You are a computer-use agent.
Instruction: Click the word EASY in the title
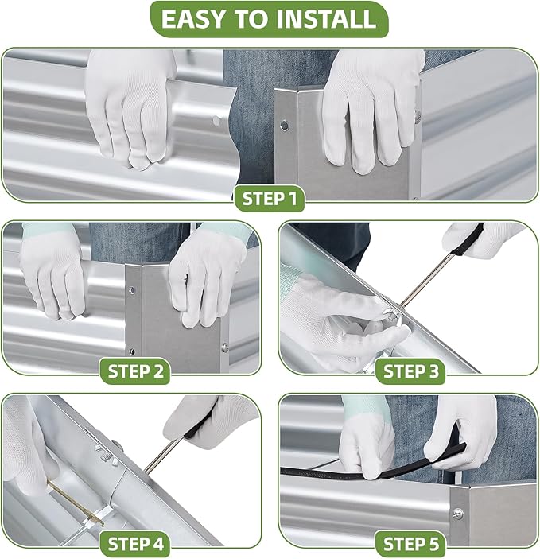(195, 19)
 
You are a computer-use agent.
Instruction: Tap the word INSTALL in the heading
(326, 19)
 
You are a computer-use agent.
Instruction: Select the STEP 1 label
(270, 199)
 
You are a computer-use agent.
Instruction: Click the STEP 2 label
(135, 371)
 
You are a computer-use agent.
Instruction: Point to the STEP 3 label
(411, 371)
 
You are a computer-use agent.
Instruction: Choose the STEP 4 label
(135, 544)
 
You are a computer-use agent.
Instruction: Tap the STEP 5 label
(411, 544)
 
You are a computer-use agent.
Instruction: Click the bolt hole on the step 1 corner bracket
(284, 125)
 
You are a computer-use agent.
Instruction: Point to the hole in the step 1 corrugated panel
(216, 121)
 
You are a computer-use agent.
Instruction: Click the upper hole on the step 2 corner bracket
(131, 290)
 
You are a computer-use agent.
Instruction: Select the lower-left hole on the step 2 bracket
(132, 351)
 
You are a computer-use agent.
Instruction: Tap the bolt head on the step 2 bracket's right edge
(225, 347)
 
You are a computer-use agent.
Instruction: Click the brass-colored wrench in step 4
(76, 503)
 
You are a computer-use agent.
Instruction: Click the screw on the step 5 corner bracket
(458, 514)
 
